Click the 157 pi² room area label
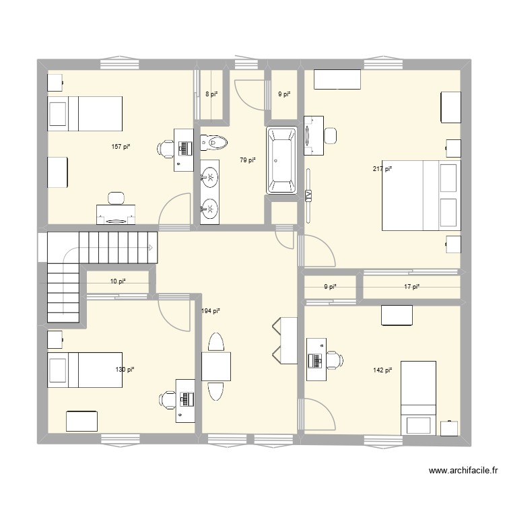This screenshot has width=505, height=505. coord(121,146)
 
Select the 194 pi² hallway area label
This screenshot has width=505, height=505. coord(211,311)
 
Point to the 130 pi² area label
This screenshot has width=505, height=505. coord(125,370)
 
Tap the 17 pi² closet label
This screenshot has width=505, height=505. coord(411,287)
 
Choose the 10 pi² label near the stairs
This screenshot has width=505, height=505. coord(118,281)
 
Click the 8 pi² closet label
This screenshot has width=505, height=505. coord(211,94)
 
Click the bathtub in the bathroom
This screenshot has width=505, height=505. coord(281,160)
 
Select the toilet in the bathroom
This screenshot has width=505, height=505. coord(215,142)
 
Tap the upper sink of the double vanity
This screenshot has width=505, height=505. coord(211,178)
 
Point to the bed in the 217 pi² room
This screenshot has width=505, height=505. coord(422,195)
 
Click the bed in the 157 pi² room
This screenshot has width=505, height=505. coord(85,114)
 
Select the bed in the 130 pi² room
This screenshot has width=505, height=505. coord(85,370)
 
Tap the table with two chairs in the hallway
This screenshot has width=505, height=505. coord(216,367)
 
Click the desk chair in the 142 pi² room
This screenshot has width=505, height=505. coord(331,360)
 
